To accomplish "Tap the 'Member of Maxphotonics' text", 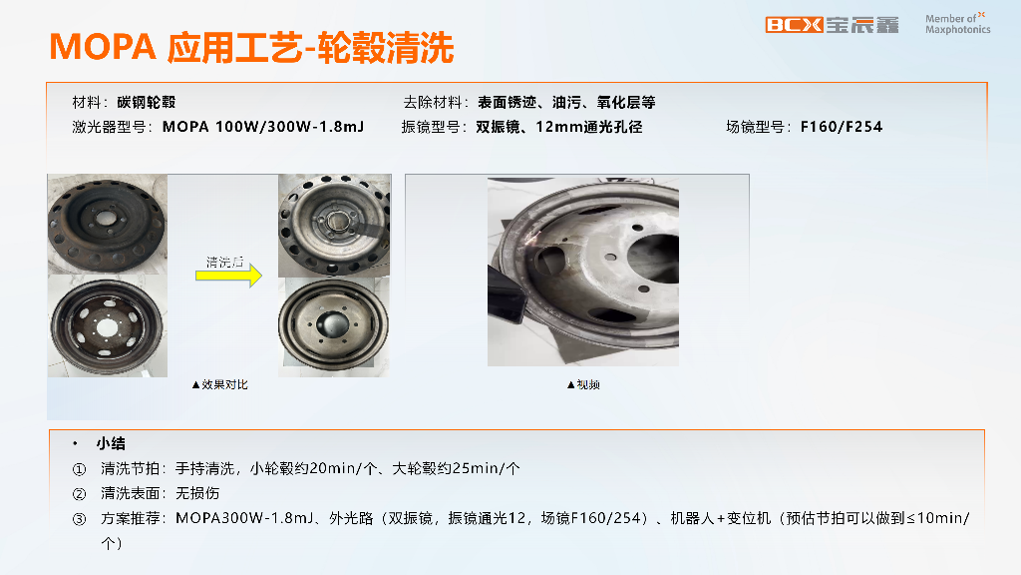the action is click(957, 24).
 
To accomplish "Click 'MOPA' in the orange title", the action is click(103, 48).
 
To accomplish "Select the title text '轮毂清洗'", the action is click(385, 48).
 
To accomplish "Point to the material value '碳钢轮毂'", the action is click(147, 103).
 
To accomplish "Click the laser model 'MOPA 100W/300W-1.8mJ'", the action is click(263, 127).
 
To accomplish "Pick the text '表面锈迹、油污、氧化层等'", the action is click(566, 103).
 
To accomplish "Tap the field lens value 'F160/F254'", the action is click(842, 127).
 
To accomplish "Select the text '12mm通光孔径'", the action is click(588, 127).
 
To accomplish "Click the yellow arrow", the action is click(228, 276).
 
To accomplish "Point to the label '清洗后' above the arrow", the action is click(224, 263).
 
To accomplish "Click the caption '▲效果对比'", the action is click(219, 384).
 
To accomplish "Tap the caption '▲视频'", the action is click(583, 384).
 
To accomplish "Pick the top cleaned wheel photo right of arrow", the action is click(335, 226).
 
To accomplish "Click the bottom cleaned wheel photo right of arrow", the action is click(334, 326).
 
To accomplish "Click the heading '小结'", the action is click(111, 444).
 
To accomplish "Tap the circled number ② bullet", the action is click(79, 493).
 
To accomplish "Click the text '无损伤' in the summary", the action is click(197, 493).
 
